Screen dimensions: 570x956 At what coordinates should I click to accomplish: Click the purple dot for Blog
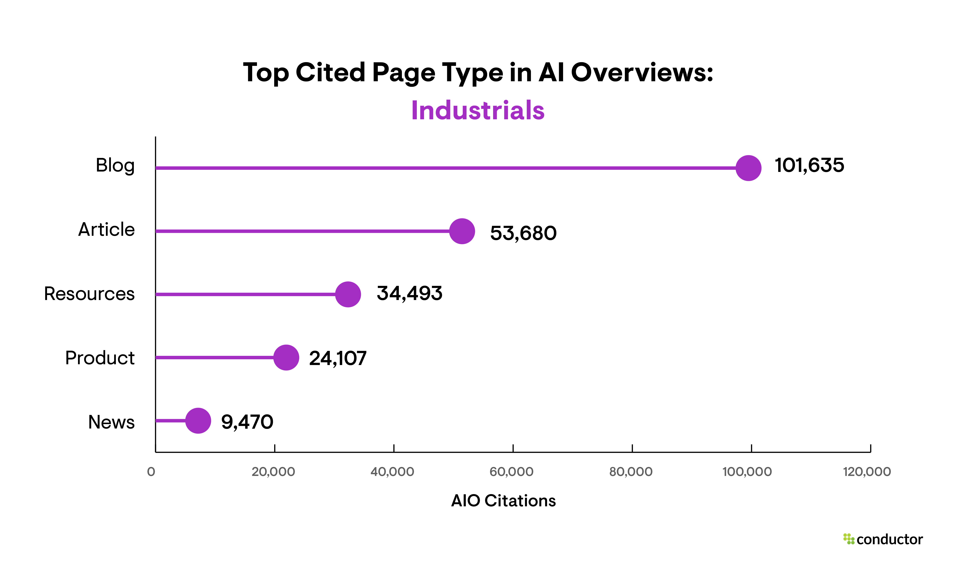(x=748, y=168)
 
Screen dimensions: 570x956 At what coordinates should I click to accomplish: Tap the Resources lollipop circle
(x=348, y=294)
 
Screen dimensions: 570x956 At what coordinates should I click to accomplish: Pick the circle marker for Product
(x=286, y=358)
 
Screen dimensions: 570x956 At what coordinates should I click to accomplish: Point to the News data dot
(x=198, y=421)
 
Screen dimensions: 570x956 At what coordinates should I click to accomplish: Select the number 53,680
(x=523, y=233)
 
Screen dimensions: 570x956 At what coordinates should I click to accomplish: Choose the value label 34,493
(x=409, y=294)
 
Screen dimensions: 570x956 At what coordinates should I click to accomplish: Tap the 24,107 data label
(x=338, y=358)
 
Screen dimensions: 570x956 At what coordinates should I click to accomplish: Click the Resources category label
(x=89, y=294)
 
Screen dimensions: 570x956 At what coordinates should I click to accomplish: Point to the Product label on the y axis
(x=100, y=358)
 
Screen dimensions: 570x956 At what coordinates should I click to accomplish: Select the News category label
(x=111, y=422)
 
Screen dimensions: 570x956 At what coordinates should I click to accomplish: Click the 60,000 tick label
(x=512, y=472)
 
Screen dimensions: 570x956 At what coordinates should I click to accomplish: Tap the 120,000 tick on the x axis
(x=867, y=472)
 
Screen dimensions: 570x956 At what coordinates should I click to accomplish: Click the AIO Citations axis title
(x=503, y=501)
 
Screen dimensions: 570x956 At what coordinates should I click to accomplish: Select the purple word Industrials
(x=478, y=111)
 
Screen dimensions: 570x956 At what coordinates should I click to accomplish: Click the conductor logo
(x=883, y=539)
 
